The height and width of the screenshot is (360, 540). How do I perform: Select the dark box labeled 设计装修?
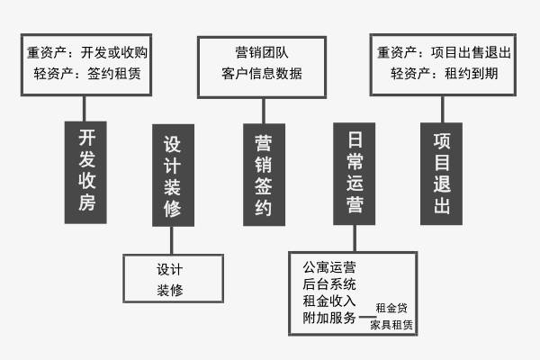click(x=173, y=175)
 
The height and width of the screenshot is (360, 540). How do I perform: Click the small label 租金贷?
click(x=391, y=309)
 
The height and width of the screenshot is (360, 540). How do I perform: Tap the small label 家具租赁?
click(x=391, y=326)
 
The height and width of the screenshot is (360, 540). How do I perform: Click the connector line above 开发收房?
click(x=87, y=108)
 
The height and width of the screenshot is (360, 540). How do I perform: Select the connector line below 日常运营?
click(x=355, y=237)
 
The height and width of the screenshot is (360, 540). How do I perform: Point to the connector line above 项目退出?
click(x=441, y=108)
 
